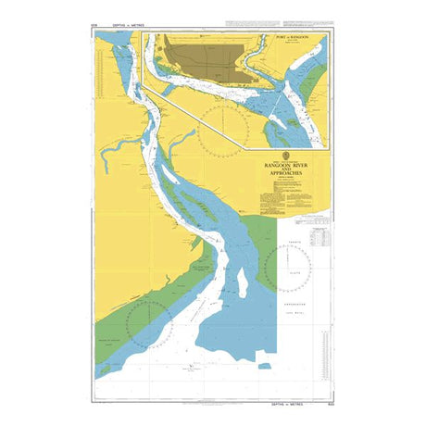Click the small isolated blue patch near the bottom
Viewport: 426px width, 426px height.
point(264,366)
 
